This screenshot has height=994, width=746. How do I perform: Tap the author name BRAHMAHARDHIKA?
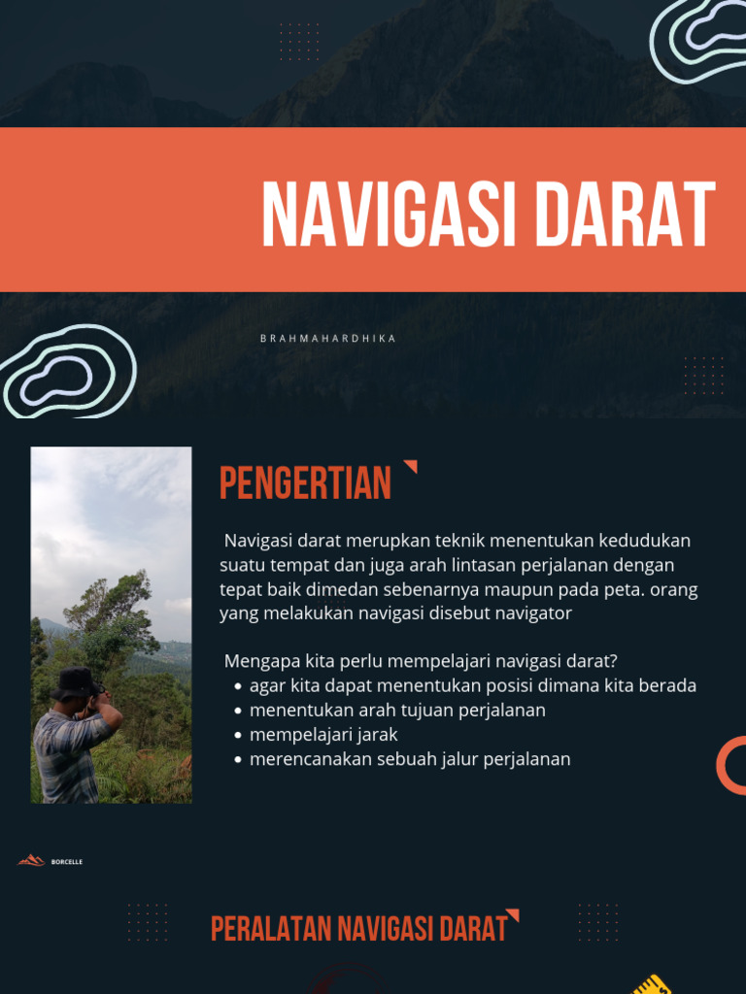click(x=328, y=339)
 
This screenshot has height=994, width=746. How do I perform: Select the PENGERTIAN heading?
click(x=305, y=483)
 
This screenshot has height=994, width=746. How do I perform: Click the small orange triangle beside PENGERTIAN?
click(x=411, y=467)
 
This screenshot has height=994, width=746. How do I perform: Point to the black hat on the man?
click(x=75, y=681)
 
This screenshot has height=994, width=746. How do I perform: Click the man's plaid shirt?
click(x=64, y=755)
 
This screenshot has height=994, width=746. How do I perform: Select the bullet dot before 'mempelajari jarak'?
click(x=238, y=735)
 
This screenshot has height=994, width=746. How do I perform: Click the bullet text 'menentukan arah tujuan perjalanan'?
click(x=397, y=710)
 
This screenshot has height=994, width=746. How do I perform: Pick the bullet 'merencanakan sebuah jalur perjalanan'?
click(x=410, y=759)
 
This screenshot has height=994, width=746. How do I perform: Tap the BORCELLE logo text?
click(x=67, y=862)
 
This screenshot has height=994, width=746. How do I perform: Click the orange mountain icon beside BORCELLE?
click(x=31, y=860)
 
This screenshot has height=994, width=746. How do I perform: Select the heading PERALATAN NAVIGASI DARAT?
click(x=359, y=929)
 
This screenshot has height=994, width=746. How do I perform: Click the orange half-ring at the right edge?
click(x=731, y=765)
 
